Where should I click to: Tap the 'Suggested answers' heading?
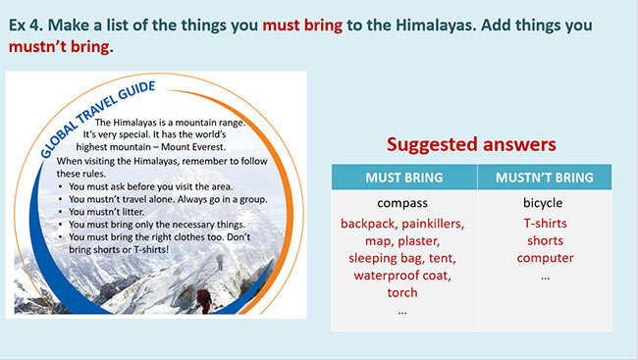[471, 144]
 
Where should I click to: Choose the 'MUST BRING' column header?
[402, 178]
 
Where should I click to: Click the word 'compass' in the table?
[402, 204]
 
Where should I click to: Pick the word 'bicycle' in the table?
[544, 204]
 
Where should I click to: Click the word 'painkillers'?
[433, 224]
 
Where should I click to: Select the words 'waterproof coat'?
[402, 275]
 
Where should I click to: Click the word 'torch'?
[402, 292]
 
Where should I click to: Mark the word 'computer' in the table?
[544, 258]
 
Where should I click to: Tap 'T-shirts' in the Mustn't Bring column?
[544, 224]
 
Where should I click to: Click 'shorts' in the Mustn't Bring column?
[544, 240]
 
